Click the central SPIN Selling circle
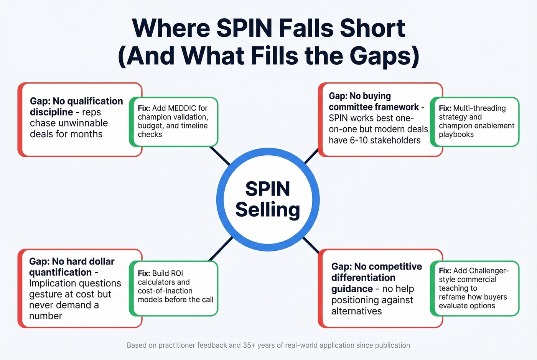268,199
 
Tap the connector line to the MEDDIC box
220,155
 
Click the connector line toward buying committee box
311,156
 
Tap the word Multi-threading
479,108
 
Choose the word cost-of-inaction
165,291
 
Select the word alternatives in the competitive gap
356,311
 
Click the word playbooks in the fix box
456,135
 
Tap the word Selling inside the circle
267,210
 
